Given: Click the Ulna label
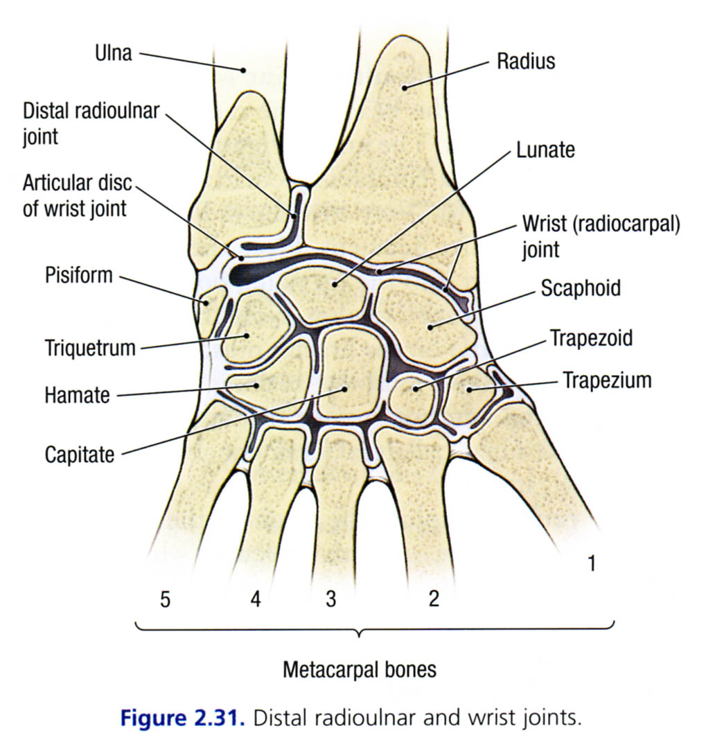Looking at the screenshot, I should click(x=113, y=53).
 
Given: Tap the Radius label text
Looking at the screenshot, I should click(x=526, y=61).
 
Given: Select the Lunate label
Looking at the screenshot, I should click(x=545, y=150).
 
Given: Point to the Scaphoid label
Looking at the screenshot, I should click(x=581, y=288).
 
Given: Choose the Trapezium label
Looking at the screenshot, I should click(x=607, y=380).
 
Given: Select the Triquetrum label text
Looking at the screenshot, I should click(x=89, y=347).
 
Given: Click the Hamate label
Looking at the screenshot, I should click(x=77, y=396).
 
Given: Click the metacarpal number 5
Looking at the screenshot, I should click(x=165, y=599).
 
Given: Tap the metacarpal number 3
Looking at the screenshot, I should click(x=330, y=599).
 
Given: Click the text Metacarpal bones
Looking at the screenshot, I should click(x=360, y=670).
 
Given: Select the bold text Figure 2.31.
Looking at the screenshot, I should click(x=183, y=718).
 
